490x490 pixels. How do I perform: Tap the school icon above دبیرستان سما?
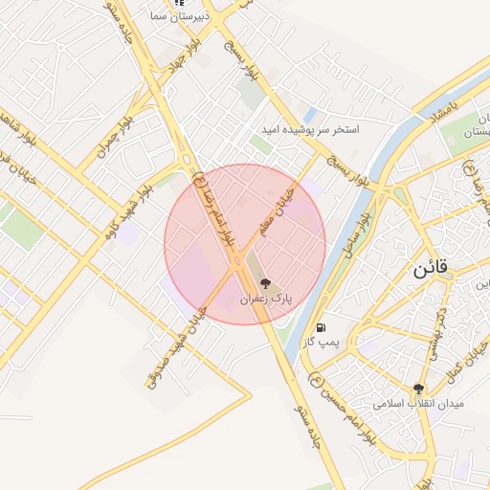(x=176, y=3)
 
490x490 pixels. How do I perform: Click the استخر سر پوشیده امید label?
(x=312, y=128)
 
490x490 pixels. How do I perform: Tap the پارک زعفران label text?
(x=265, y=300)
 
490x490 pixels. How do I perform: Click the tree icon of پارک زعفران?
(x=265, y=283)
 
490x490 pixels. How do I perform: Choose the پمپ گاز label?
(x=318, y=342)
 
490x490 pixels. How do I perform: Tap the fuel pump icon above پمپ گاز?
(x=319, y=326)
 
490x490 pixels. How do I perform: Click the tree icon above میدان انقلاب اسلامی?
(x=418, y=388)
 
